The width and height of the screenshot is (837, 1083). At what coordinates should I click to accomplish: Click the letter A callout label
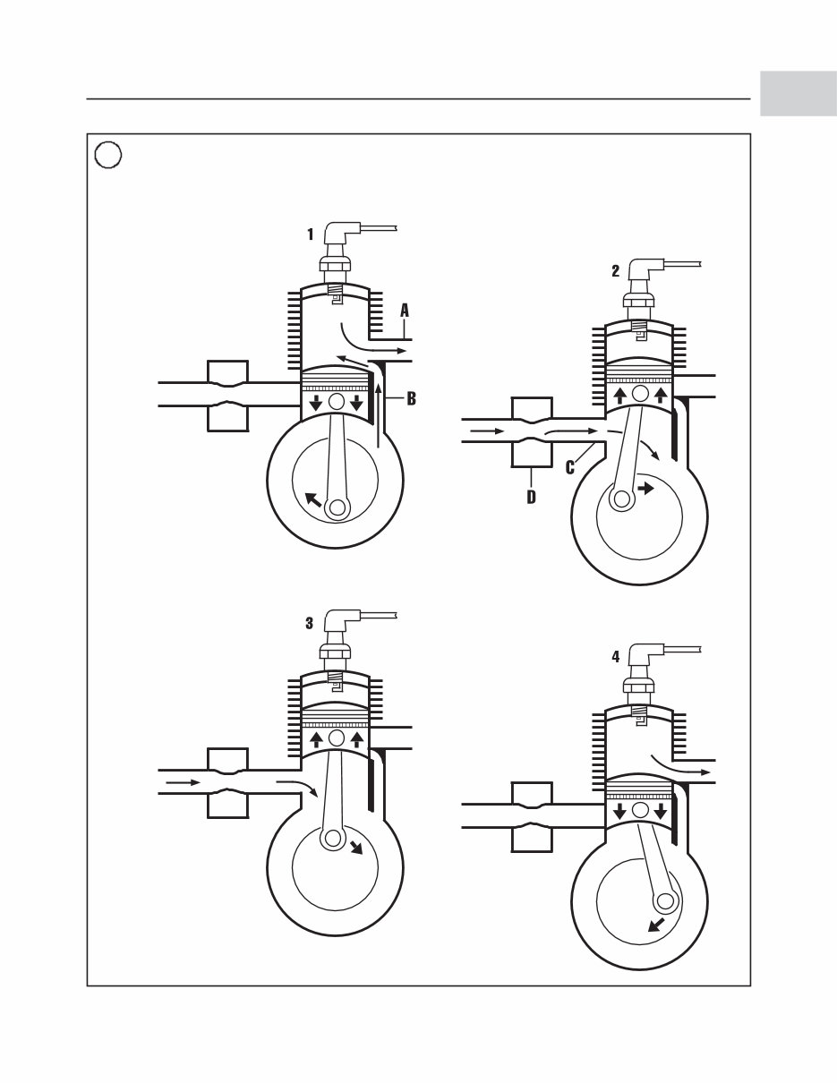(x=404, y=311)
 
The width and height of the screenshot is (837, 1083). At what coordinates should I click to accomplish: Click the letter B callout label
(x=411, y=399)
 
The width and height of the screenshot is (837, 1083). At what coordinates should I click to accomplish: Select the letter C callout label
(x=570, y=466)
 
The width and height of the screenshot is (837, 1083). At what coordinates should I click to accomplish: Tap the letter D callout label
(x=531, y=497)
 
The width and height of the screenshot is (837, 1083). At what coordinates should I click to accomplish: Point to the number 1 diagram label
(x=311, y=235)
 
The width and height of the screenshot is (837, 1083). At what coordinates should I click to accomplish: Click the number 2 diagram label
(x=616, y=272)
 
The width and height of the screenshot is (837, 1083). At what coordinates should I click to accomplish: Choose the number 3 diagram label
(x=310, y=624)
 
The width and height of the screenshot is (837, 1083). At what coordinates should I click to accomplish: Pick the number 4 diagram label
(x=616, y=656)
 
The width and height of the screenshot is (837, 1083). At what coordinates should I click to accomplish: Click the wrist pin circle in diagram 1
(x=337, y=402)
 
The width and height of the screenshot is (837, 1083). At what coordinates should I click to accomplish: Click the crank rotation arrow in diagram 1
(x=312, y=499)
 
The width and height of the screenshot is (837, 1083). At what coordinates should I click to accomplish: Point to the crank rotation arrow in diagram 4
(x=655, y=925)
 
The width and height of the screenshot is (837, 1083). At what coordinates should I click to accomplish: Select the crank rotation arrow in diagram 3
(x=357, y=846)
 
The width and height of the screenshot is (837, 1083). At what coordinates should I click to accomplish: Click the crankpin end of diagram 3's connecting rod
(x=333, y=838)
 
